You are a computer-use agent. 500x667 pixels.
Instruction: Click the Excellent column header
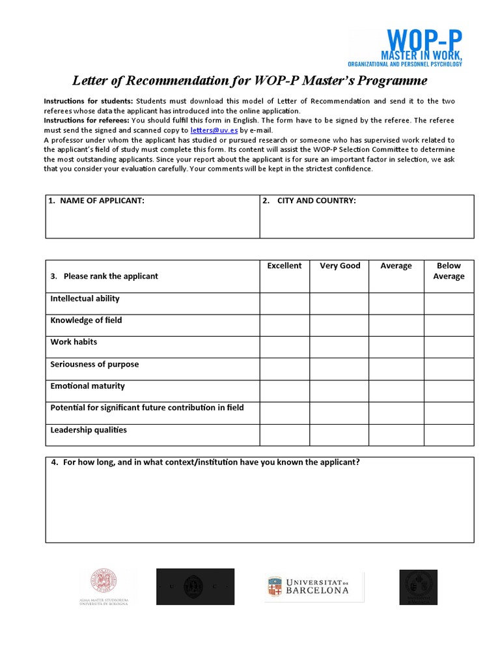point(285,266)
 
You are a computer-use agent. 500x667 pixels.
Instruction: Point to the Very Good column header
point(340,266)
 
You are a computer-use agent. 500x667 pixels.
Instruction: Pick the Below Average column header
point(449,271)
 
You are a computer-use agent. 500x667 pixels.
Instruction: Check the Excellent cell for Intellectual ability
point(285,304)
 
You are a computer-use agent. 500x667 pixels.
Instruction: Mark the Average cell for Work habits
point(396,347)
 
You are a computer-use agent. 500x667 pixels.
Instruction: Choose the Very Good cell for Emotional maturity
point(340,391)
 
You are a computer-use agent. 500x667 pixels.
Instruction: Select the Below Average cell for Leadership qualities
point(449,434)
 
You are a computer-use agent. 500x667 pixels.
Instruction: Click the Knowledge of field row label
point(86,320)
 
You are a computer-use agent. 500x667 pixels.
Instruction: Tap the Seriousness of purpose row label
point(94,364)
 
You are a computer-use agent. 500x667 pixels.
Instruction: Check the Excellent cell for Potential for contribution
point(285,412)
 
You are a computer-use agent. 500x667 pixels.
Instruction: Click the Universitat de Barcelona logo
point(314,586)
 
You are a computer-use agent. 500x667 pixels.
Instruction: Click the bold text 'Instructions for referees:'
point(87,121)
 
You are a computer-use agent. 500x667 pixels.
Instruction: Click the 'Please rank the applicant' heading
point(104,276)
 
